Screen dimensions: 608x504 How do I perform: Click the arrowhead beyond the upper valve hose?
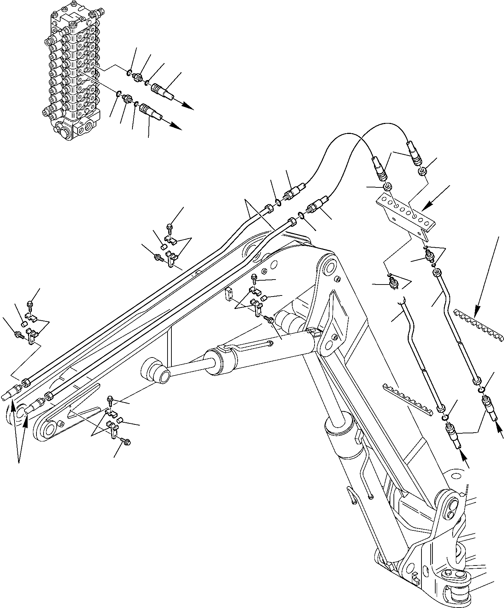click(x=189, y=107)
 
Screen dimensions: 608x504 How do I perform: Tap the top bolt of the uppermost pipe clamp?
click(x=169, y=225)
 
